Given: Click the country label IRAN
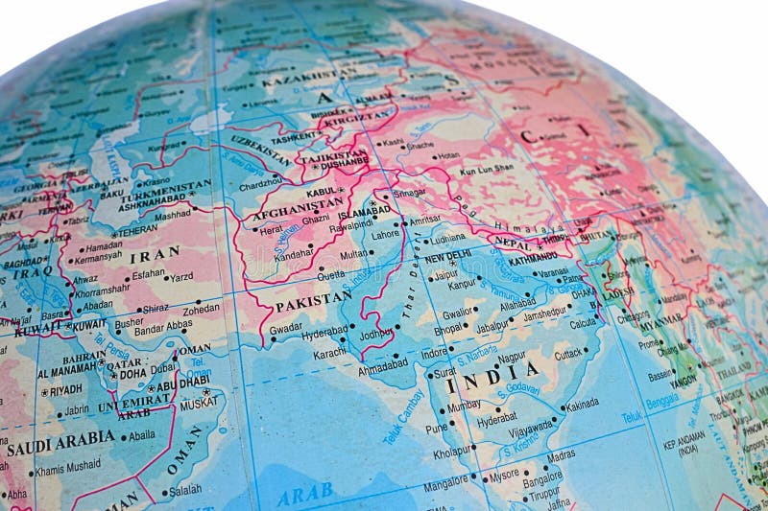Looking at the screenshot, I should pyautogui.click(x=155, y=255).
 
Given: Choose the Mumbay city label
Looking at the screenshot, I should pyautogui.click(x=464, y=405).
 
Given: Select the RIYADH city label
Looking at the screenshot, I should pyautogui.click(x=65, y=390).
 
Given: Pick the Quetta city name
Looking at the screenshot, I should pyautogui.click(x=330, y=273).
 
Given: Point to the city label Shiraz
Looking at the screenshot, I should pyautogui.click(x=156, y=308).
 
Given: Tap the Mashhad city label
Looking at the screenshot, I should pyautogui.click(x=173, y=215).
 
